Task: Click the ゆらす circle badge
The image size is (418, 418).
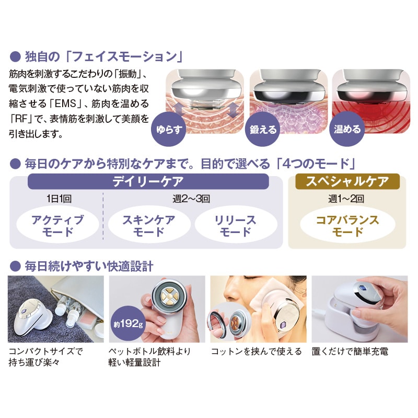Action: coord(168,129)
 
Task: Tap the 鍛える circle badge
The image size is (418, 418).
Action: coord(262,129)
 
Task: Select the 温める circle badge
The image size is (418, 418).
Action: coord(347,129)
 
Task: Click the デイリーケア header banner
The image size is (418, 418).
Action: coord(148,181)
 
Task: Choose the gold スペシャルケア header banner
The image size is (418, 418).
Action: coord(347,181)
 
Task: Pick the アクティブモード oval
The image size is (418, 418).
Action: coord(57,225)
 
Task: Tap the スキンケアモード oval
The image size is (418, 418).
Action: coord(149,225)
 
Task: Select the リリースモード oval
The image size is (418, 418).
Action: coord(236,225)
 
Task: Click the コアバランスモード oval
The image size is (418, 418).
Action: coord(347,225)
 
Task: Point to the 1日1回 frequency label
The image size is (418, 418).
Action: coord(59,199)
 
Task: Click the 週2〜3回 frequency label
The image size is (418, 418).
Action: coord(191,199)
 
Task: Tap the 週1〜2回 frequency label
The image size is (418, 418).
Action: coord(346,199)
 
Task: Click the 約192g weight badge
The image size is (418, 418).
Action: coord(128,323)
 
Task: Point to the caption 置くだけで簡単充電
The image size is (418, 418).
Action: coord(350,351)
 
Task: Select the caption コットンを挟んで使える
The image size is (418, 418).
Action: coord(256,351)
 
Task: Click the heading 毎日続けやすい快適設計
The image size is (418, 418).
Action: coord(89,266)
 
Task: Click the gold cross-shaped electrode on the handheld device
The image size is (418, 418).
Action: coord(167,296)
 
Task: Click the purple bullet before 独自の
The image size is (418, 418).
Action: coord(15,57)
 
